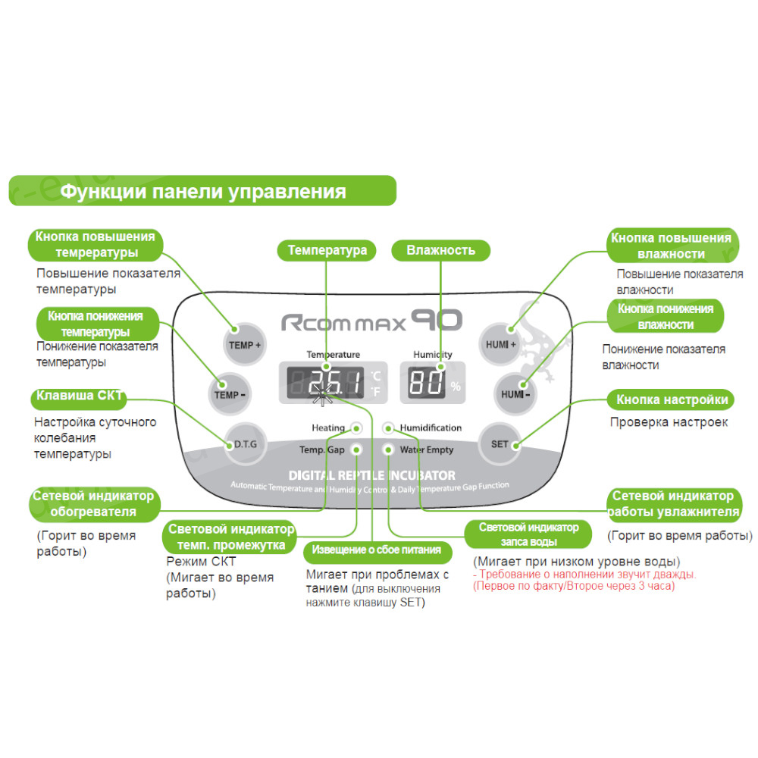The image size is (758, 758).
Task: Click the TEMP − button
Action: (229, 394)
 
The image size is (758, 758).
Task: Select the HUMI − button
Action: (515, 394)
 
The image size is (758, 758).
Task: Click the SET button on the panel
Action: (500, 443)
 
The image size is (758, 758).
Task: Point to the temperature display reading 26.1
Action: (326, 382)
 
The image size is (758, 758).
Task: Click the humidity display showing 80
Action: (426, 382)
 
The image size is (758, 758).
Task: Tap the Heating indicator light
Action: (356, 428)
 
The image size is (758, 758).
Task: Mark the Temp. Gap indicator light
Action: (356, 449)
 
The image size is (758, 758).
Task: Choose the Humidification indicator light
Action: (389, 428)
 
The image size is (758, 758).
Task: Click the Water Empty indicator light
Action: (389, 449)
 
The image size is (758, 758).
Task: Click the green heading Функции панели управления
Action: (203, 191)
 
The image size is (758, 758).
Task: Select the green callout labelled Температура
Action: (327, 250)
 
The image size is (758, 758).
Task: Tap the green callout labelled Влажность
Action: (440, 250)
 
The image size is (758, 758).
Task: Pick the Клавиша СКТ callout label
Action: (79, 397)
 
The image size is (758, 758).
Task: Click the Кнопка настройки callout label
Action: (672, 399)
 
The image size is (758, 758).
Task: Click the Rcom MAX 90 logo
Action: (371, 322)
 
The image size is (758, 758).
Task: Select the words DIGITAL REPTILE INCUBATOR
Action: (371, 475)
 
